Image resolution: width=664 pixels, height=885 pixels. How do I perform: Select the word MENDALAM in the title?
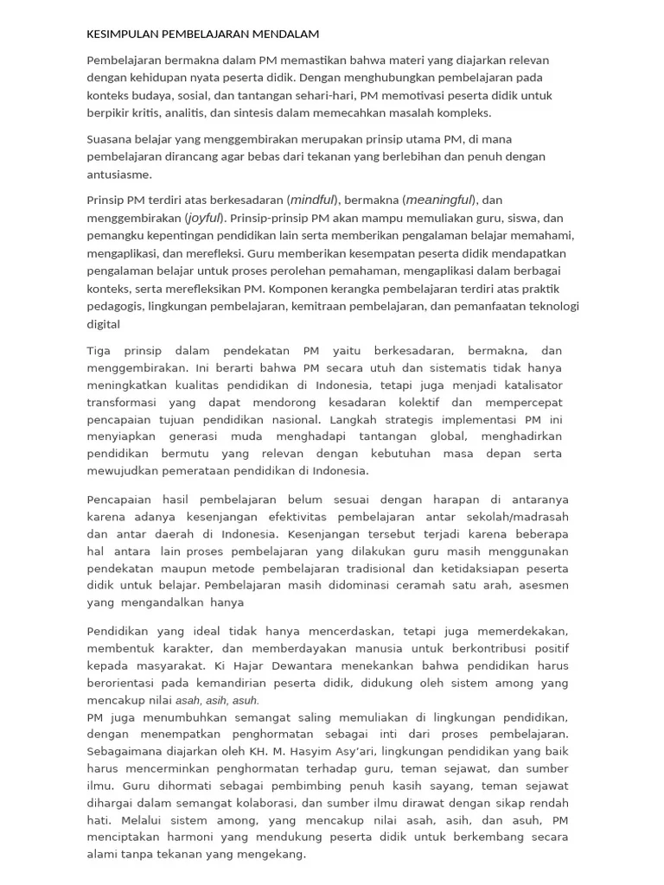pyautogui.click(x=285, y=35)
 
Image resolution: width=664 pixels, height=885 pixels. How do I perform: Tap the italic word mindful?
pyautogui.click(x=314, y=200)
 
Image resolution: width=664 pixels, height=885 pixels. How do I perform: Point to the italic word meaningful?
pyautogui.click(x=440, y=200)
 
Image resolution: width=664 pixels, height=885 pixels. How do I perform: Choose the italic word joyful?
pyautogui.click(x=204, y=218)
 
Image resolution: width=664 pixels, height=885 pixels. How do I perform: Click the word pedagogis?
pyautogui.click(x=115, y=306)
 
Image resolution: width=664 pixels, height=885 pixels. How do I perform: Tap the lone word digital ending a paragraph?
pyautogui.click(x=103, y=324)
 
